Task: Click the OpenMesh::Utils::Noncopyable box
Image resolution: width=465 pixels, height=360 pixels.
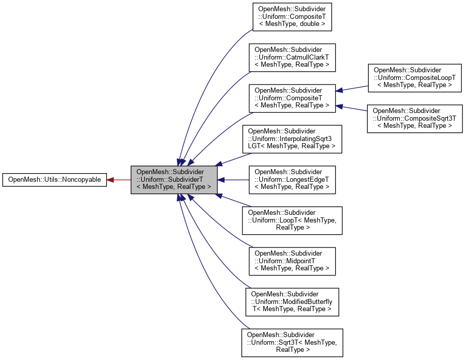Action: pyautogui.click(x=54, y=180)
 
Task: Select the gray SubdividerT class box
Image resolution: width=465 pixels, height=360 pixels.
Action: pyautogui.click(x=174, y=180)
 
